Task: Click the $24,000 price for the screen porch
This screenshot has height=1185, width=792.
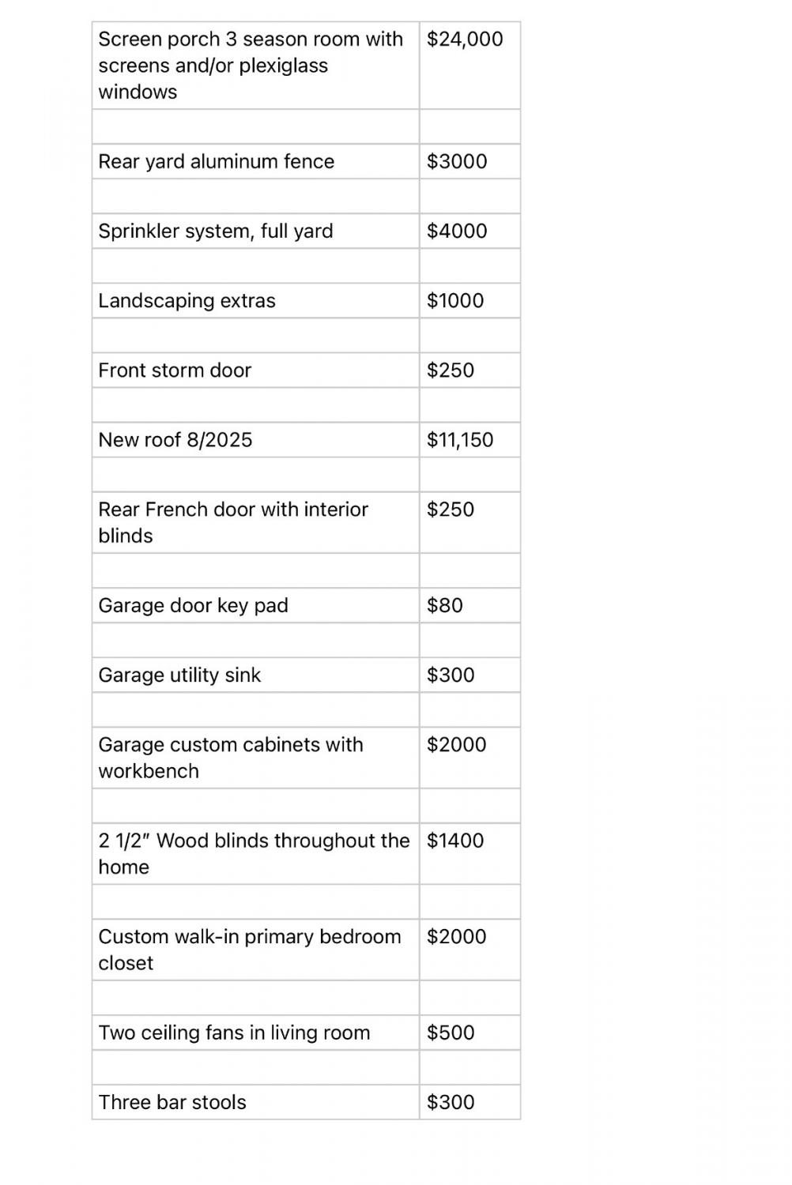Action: [464, 39]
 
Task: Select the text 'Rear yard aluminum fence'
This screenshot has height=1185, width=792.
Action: [216, 161]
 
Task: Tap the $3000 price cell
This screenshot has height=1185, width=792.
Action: [457, 161]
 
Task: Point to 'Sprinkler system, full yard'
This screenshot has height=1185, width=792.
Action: [215, 231]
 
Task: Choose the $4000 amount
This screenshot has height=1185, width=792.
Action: [457, 231]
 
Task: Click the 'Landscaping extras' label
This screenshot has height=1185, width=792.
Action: [187, 300]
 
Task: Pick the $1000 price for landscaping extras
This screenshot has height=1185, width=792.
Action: [455, 300]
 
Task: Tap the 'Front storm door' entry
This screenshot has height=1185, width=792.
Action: [175, 370]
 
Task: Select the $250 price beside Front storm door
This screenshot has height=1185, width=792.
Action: [451, 370]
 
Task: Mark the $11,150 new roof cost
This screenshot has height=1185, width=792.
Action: [460, 439]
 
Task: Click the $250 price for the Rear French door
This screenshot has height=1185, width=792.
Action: [451, 509]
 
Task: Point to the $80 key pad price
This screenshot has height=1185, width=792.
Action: [445, 605]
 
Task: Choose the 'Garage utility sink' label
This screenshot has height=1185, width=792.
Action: [179, 675]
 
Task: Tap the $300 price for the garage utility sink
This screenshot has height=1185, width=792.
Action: [451, 675]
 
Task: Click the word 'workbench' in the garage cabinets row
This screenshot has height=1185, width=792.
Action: [149, 771]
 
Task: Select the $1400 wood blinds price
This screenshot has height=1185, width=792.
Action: [455, 841]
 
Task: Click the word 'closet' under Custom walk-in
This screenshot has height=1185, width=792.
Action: [126, 963]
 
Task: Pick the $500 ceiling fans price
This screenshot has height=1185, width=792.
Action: [451, 1033]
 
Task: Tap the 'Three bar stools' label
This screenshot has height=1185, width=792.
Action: [172, 1102]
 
